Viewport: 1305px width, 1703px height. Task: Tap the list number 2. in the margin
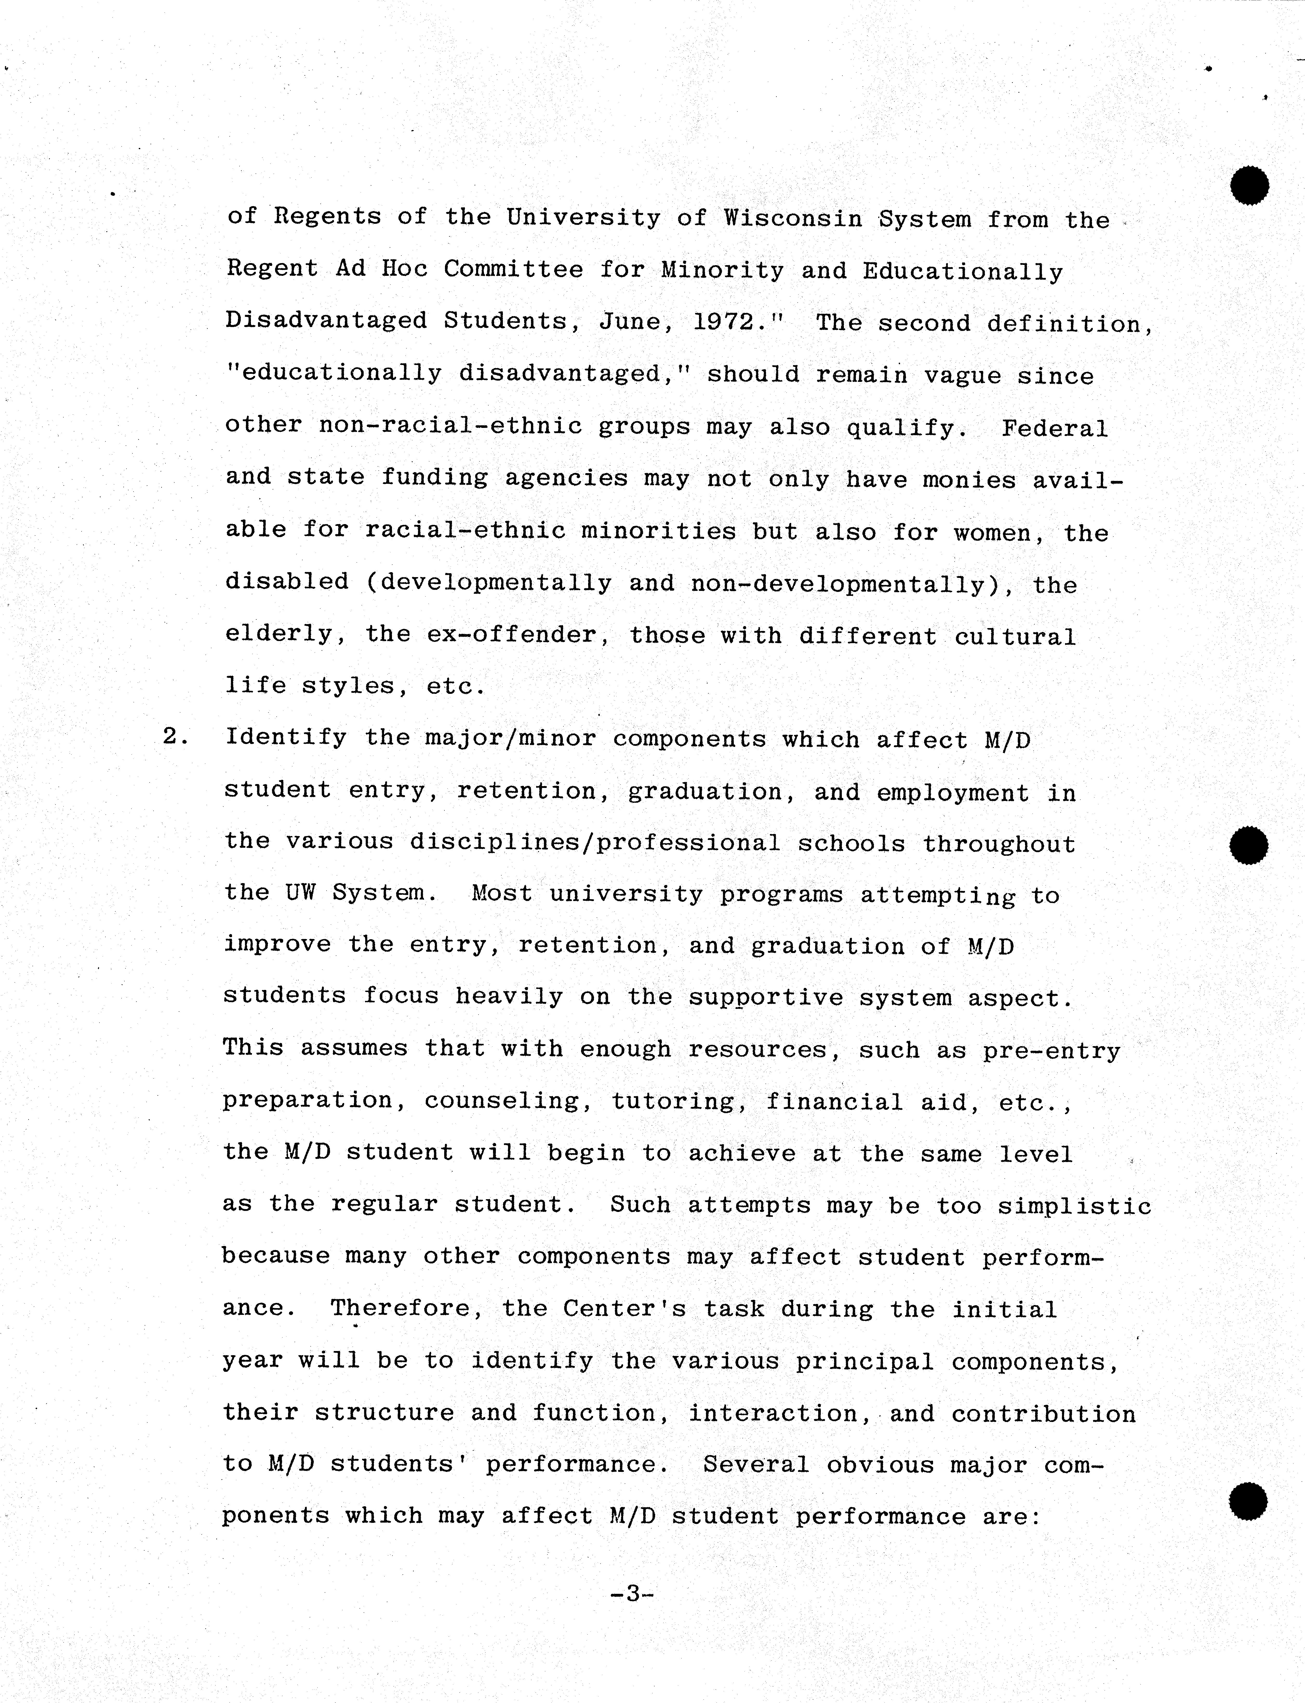176,736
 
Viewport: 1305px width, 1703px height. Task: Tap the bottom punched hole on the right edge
1248,1500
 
